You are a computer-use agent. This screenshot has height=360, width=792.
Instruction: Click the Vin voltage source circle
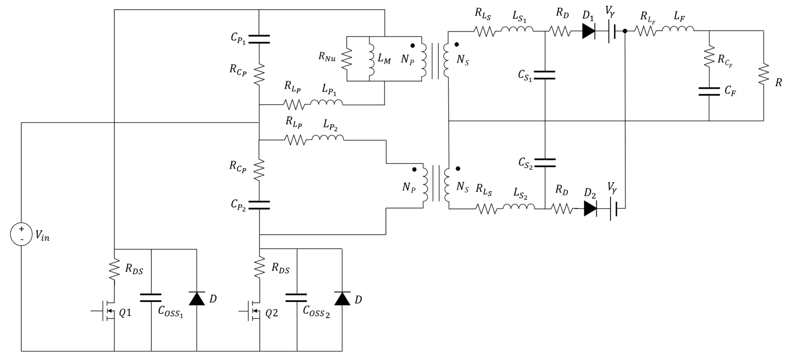point(21,234)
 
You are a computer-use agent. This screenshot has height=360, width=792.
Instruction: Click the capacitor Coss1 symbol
point(151,298)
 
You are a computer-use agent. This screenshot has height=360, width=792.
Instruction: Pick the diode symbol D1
point(588,31)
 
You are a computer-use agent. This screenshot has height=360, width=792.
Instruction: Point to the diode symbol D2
point(590,209)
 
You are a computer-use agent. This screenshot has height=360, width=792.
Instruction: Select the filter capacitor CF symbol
point(709,91)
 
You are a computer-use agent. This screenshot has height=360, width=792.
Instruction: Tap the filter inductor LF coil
point(678,29)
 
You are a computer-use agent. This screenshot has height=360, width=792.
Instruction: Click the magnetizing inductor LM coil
point(371,59)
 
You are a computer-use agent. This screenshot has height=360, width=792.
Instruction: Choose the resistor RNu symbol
point(347,59)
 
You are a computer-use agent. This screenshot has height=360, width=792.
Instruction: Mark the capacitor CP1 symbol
point(259,39)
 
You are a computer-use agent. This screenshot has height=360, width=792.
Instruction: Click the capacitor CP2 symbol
point(259,205)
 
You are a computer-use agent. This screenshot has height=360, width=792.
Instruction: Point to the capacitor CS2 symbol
point(545,163)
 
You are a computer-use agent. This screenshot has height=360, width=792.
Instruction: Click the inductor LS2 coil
point(519,207)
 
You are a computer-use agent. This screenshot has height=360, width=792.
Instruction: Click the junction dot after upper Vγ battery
point(625,31)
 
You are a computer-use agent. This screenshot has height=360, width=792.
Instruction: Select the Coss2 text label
point(316,311)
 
